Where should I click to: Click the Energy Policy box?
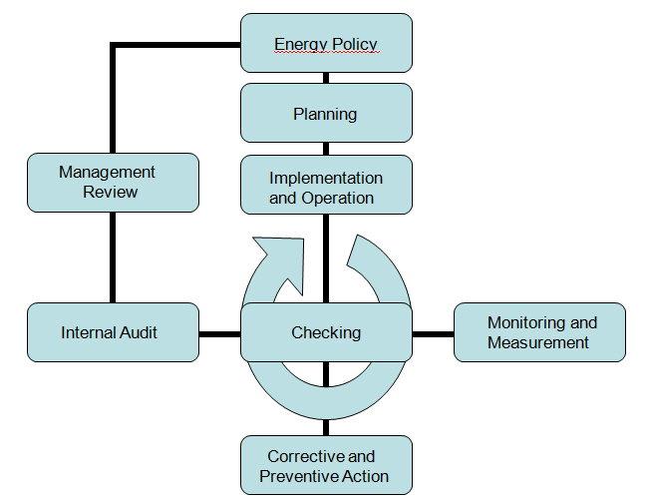(x=326, y=43)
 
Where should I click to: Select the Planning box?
(x=326, y=113)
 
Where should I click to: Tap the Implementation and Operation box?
(x=326, y=185)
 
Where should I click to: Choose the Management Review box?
(x=113, y=183)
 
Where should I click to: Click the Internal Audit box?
(x=113, y=332)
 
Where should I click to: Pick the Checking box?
(x=326, y=332)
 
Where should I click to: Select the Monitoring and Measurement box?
(x=539, y=332)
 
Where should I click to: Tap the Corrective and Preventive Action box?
(x=326, y=465)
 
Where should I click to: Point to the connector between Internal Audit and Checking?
(x=219, y=334)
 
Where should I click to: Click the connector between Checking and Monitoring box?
(x=433, y=334)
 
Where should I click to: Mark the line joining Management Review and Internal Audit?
(x=113, y=257)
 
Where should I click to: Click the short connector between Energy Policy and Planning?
(x=326, y=78)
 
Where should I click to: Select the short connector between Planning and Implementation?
(x=326, y=149)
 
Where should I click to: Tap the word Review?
(x=111, y=193)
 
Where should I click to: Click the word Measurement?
(x=538, y=342)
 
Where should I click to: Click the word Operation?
(x=337, y=199)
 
